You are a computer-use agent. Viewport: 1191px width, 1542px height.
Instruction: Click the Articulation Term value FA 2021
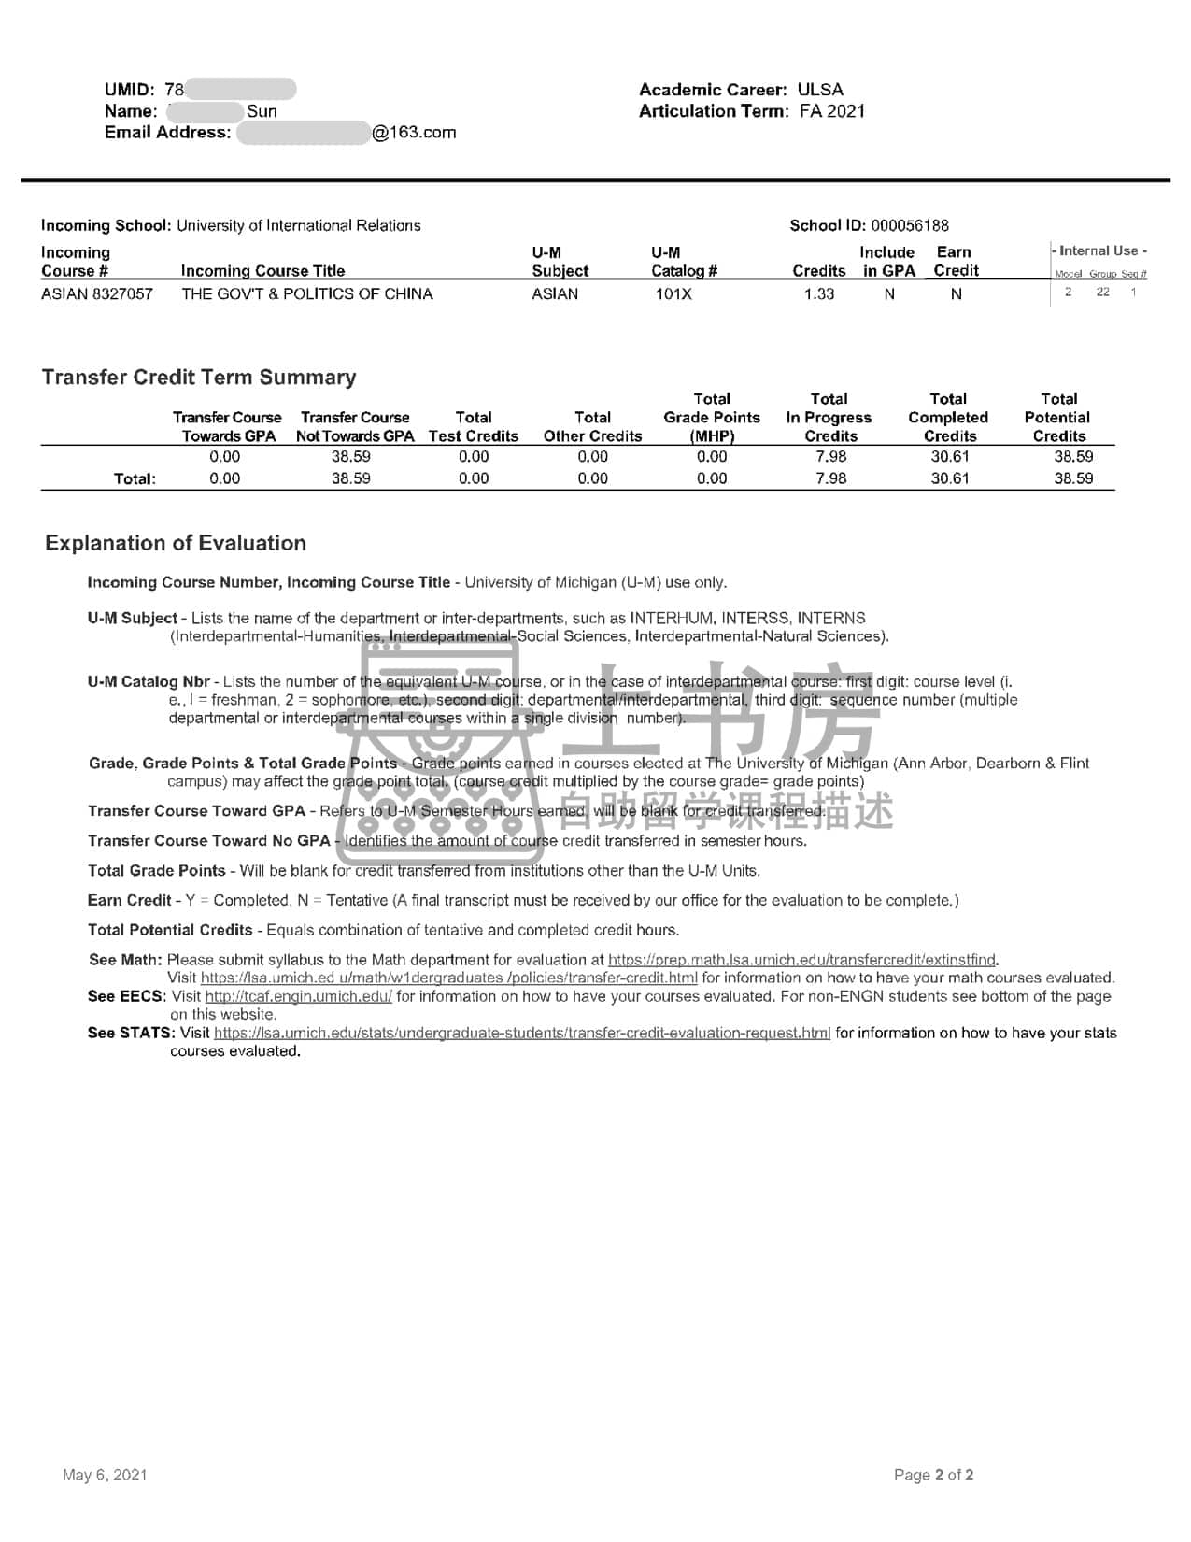pos(832,111)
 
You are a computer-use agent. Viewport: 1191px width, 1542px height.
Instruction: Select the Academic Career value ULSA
pos(820,90)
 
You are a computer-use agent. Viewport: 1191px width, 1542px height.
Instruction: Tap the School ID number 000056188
pos(909,225)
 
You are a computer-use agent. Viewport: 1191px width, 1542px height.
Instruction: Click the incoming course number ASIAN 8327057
pos(97,293)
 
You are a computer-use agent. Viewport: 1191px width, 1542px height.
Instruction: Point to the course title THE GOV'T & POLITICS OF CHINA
pos(306,293)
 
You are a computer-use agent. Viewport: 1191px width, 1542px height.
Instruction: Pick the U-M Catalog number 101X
pos(673,293)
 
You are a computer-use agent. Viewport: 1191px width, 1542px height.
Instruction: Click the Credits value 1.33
pos(818,293)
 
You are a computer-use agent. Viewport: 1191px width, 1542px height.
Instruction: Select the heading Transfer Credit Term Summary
pos(199,378)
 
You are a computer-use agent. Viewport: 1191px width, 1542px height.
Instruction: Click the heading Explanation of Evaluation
pos(176,543)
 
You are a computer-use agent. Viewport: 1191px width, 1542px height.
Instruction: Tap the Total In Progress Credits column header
pos(829,418)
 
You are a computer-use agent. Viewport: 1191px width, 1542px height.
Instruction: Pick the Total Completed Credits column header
pos(948,418)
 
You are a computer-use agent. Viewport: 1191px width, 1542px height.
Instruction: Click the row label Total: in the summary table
pos(135,478)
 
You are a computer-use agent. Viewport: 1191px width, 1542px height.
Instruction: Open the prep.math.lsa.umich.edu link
pos(801,960)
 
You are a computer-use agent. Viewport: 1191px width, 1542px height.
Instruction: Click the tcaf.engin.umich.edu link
pos(298,996)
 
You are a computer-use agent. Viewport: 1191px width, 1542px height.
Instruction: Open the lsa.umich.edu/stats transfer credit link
pos(521,1033)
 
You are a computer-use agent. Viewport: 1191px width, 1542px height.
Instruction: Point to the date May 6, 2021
pos(105,1475)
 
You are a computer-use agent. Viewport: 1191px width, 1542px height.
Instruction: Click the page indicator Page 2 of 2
pos(933,1475)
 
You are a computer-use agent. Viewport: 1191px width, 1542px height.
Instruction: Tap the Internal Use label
pos(1100,250)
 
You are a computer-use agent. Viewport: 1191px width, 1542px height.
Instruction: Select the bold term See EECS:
pos(126,996)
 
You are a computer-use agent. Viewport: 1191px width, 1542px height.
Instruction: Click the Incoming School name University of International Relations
pos(298,225)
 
